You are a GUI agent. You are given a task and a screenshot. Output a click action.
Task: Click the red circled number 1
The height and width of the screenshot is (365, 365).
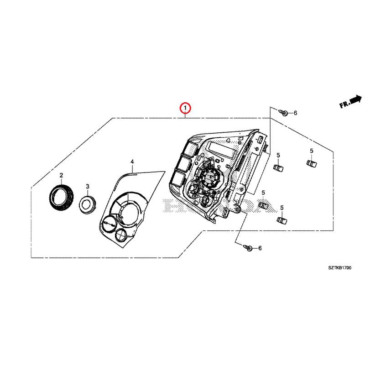tap(185, 108)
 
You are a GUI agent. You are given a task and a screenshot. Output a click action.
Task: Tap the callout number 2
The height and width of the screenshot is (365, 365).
tap(61, 175)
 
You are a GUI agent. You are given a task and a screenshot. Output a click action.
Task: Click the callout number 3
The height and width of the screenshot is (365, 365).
tap(88, 186)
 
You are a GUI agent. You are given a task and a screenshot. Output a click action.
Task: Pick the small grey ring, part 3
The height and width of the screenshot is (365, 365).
tap(87, 203)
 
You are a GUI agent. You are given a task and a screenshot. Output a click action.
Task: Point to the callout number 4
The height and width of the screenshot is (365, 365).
tap(132, 162)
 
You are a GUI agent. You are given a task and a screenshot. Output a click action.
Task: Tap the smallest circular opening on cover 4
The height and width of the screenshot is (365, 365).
tap(122, 235)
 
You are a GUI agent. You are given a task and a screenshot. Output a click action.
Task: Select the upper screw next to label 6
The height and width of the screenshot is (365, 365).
tap(283, 113)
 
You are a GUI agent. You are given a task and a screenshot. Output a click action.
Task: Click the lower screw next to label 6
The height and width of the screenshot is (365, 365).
tap(249, 248)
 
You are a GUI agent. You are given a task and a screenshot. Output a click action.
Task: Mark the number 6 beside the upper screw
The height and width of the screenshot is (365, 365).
tap(295, 113)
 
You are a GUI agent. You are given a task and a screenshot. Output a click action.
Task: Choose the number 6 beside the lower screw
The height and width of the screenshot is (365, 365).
tap(260, 248)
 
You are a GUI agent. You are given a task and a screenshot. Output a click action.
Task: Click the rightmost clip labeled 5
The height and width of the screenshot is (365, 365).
tap(311, 163)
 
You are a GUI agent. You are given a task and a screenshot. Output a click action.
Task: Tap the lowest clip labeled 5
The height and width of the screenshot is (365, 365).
tap(282, 220)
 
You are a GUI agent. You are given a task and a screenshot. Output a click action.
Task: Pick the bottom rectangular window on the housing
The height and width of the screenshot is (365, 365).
tap(178, 178)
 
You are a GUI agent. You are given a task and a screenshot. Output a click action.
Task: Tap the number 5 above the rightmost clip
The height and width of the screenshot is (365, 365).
tap(311, 151)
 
